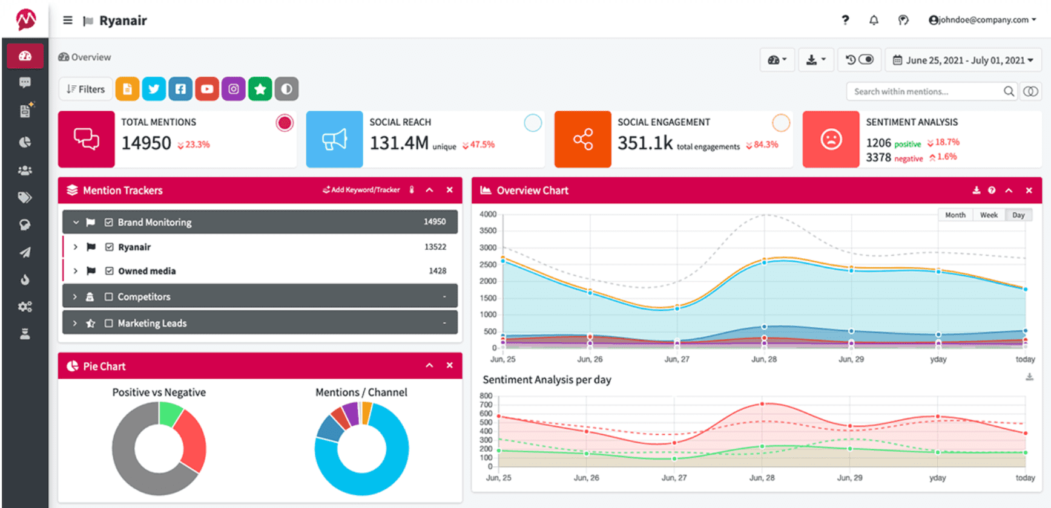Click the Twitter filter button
[154, 89]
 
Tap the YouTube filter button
[207, 89]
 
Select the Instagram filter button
[234, 89]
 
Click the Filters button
[86, 89]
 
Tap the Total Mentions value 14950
[147, 143]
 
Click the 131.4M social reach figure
[399, 143]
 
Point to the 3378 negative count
[878, 158]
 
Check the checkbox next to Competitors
[109, 297]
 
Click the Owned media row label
[147, 271]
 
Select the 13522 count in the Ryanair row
[435, 247]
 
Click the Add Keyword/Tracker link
[361, 190]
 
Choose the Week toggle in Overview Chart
[989, 215]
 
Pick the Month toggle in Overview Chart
[955, 215]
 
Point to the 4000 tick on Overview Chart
[488, 214]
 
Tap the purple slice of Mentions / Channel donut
[351, 414]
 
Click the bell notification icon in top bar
[874, 20]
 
